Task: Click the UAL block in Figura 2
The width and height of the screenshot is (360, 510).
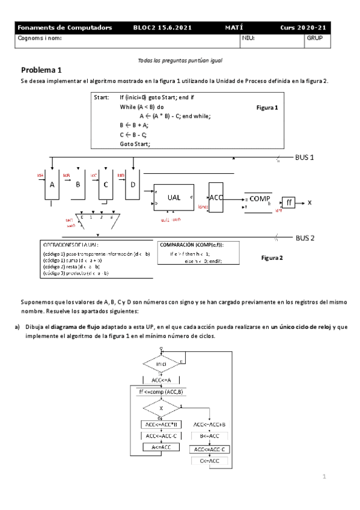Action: coord(174,197)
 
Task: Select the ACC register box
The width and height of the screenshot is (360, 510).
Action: coord(216,197)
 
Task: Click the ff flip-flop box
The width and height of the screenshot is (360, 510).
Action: coord(290,203)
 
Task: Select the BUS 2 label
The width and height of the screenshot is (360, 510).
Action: coord(305,238)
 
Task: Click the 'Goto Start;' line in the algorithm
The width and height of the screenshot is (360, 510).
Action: coord(135,144)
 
